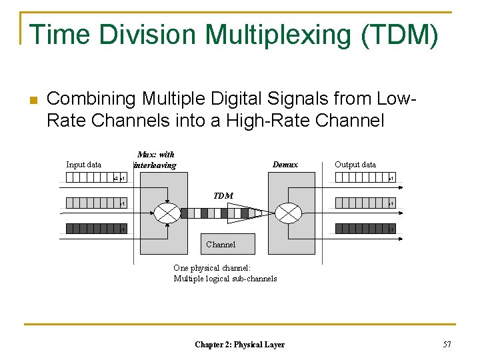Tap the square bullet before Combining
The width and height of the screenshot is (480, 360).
tap(31, 101)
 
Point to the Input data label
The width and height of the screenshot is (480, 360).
tap(83, 165)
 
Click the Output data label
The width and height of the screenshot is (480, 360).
tap(355, 165)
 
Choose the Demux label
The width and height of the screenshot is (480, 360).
tap(285, 165)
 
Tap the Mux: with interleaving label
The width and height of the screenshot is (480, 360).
tap(155, 160)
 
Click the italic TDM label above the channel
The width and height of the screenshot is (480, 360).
tap(223, 195)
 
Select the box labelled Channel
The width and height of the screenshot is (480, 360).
tap(220, 244)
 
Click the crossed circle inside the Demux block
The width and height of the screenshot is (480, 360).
tap(289, 213)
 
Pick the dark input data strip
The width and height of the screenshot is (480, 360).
tap(93, 229)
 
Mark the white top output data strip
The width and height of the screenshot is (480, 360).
tap(363, 178)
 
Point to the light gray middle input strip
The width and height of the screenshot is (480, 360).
tap(93, 203)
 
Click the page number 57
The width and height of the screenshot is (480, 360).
tap(447, 344)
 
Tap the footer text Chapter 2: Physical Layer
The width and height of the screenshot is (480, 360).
tap(239, 345)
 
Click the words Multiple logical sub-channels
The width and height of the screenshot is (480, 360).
tap(225, 279)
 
